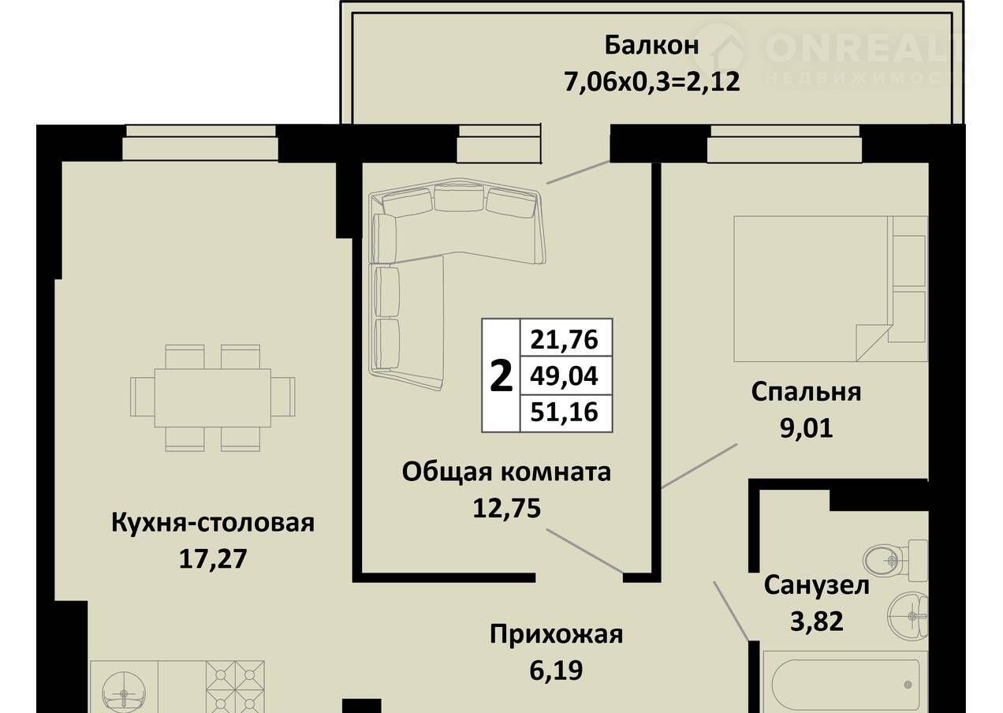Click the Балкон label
[x=651, y=46]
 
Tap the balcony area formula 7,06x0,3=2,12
[x=651, y=82]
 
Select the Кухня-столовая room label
[x=213, y=523]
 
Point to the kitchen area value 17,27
[x=213, y=559]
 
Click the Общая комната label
[x=506, y=472]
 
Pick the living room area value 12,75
[x=507, y=508]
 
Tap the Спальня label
[x=806, y=392]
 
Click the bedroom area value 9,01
[x=807, y=428]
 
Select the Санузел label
[x=816, y=585]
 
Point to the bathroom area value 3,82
[x=817, y=622]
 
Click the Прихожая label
[x=556, y=635]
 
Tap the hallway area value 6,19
[x=556, y=671]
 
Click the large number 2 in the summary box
[x=501, y=377]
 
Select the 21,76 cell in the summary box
[x=565, y=339]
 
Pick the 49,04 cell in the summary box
[x=565, y=375]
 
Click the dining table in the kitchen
[x=213, y=398]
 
